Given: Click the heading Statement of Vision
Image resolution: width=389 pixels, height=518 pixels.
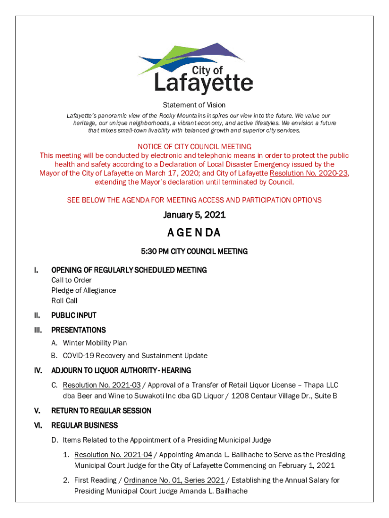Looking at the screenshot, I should click(194, 105).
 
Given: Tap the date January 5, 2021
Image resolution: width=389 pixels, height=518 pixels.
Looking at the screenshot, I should click(194, 215).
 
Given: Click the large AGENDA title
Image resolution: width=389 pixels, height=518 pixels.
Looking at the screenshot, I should click(194, 233).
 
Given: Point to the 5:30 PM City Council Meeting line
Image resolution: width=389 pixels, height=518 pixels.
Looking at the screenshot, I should click(194, 251).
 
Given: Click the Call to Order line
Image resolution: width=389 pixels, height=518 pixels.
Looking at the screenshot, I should click(71, 280).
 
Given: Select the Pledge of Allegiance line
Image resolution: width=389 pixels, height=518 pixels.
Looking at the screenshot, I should click(83, 290).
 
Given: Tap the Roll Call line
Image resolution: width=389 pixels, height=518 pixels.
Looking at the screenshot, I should click(64, 300).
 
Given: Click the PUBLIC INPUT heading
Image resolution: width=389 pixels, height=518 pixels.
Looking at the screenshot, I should click(74, 315).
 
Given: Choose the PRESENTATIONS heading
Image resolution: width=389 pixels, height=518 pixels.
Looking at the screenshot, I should click(78, 330).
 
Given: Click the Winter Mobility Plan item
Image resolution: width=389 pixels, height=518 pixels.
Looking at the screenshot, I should click(95, 343).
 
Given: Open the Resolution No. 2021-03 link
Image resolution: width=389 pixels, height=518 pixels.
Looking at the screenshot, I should click(102, 385).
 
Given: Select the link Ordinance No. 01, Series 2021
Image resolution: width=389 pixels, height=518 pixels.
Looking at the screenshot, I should click(174, 480).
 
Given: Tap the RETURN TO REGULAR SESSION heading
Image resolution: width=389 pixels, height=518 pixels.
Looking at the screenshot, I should click(101, 411).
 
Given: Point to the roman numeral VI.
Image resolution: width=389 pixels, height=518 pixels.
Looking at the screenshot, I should click(38, 425).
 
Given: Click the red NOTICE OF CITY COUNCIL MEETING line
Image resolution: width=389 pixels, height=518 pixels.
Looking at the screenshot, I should click(194, 147).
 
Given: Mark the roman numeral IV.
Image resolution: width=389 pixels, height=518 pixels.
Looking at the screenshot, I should click(38, 371).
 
